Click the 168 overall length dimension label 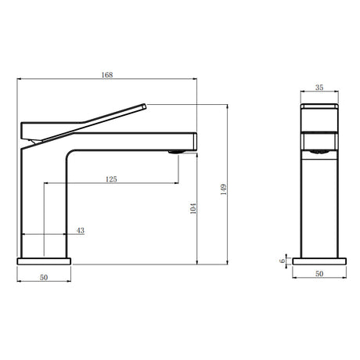click(x=107, y=75)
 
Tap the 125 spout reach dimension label click(x=111, y=179)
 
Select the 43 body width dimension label click(x=81, y=231)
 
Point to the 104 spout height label click(x=193, y=208)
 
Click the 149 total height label click(x=224, y=189)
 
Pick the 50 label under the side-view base click(x=44, y=277)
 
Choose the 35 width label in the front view click(x=319, y=88)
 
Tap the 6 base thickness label click(x=282, y=261)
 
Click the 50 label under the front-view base click(x=319, y=274)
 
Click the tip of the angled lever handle click(x=145, y=106)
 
